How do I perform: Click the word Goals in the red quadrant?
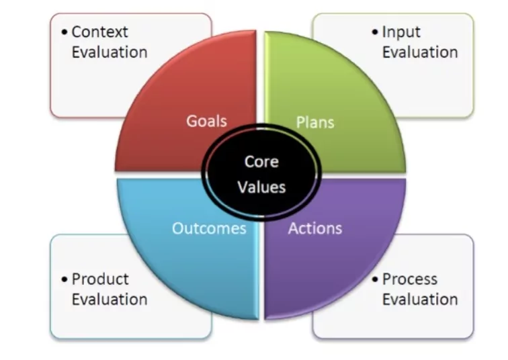click(x=206, y=121)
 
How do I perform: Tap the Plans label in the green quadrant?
click(x=315, y=122)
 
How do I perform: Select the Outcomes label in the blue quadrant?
click(x=209, y=228)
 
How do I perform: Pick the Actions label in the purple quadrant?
click(x=315, y=228)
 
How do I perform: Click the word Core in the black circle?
click(x=261, y=162)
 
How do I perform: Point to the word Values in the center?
click(x=261, y=187)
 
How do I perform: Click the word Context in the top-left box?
click(x=99, y=32)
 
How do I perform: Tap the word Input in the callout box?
click(x=401, y=32)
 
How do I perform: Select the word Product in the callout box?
click(x=100, y=279)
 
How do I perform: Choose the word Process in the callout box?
click(x=409, y=279)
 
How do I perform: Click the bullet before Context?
click(x=65, y=32)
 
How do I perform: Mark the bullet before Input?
click(x=375, y=32)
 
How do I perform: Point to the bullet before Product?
click(x=65, y=279)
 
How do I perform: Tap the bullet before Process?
click(x=375, y=279)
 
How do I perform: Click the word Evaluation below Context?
click(x=110, y=52)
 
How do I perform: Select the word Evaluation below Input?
click(x=420, y=52)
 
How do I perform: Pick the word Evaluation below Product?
click(x=110, y=299)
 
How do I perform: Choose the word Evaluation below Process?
click(x=420, y=299)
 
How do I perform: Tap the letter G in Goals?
click(x=191, y=121)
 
